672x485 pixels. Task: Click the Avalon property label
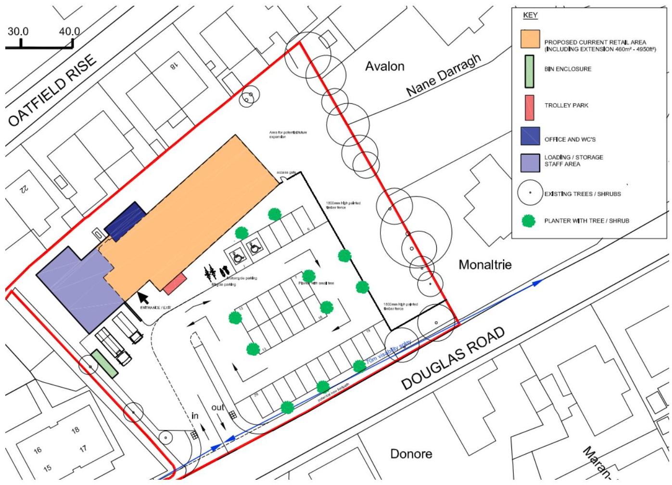(x=384, y=66)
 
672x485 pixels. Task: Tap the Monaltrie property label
(x=485, y=264)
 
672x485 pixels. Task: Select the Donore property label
(x=411, y=454)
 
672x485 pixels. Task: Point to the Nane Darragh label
(x=443, y=75)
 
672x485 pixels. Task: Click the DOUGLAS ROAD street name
(x=453, y=359)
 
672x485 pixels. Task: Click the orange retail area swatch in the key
(x=530, y=39)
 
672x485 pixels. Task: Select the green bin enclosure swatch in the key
(x=529, y=71)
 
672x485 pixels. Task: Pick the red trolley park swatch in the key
(x=529, y=107)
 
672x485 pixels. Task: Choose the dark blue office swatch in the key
(x=530, y=136)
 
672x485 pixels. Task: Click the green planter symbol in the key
(x=529, y=221)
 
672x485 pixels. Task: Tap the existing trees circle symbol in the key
(x=530, y=193)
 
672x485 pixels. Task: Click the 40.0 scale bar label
(x=69, y=32)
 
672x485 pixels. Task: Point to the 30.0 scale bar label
(x=18, y=32)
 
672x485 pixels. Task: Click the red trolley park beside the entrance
(x=175, y=284)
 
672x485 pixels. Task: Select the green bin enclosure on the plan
(x=104, y=363)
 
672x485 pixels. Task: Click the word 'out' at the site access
(x=218, y=408)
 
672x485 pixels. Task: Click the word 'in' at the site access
(x=195, y=415)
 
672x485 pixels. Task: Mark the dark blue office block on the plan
(x=126, y=221)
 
